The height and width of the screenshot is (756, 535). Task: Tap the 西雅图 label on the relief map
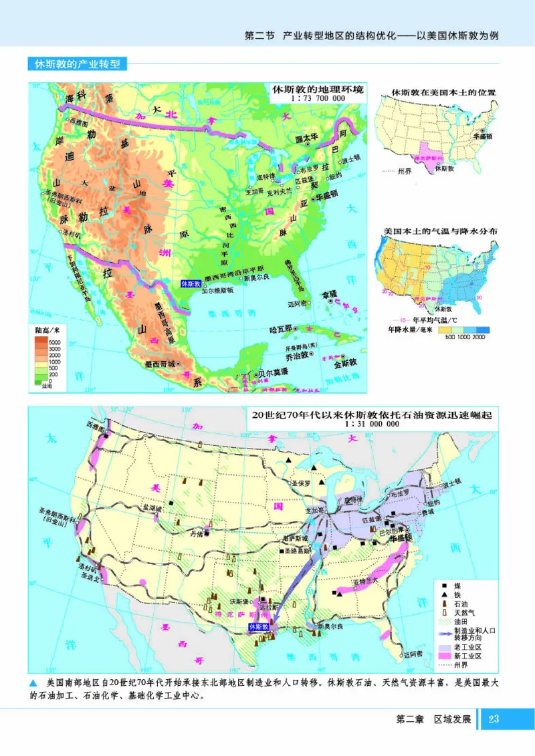(x=78, y=122)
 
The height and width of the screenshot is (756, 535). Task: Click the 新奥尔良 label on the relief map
(x=257, y=278)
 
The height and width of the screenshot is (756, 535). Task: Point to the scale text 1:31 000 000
(x=372, y=424)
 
